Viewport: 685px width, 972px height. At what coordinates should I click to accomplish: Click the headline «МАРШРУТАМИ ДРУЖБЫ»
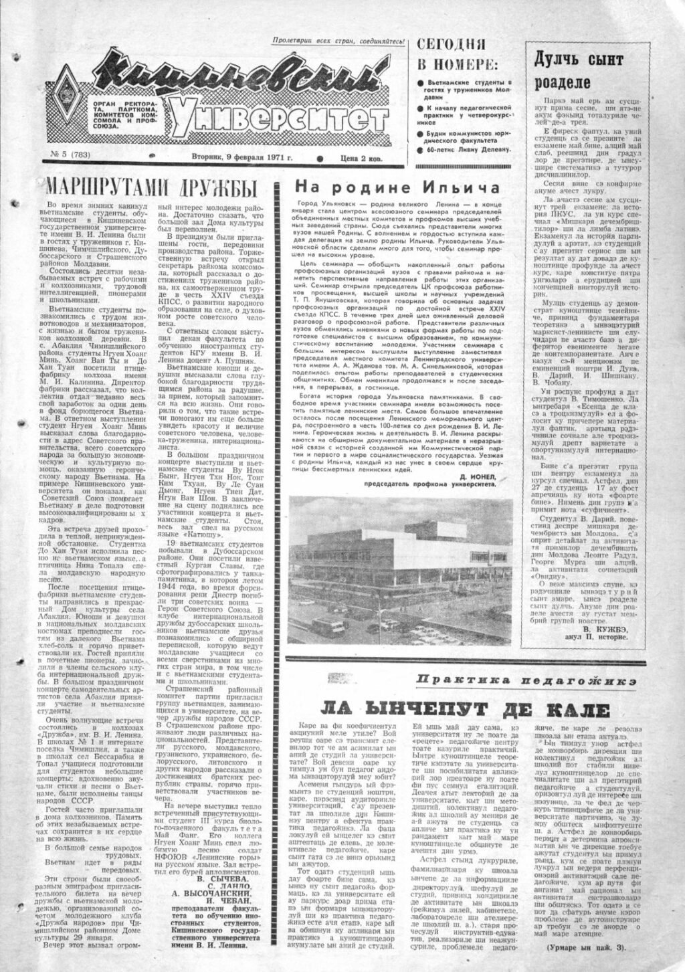[x=152, y=185]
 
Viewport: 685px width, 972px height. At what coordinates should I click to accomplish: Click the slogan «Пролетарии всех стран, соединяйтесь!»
[x=338, y=41]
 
